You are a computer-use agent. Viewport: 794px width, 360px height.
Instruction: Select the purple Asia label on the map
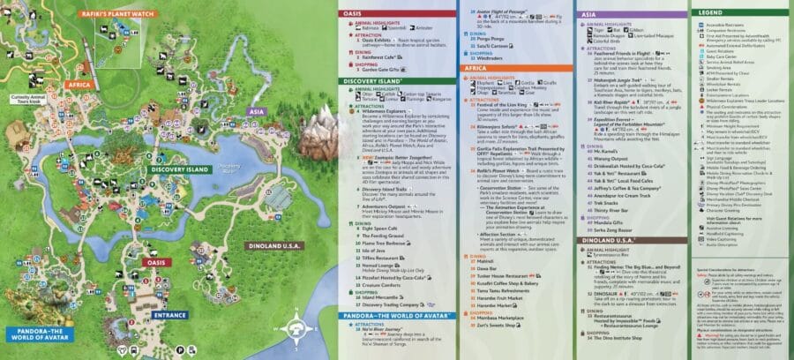[x=257, y=112]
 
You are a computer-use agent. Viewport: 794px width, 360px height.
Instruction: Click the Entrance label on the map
[x=169, y=314]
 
